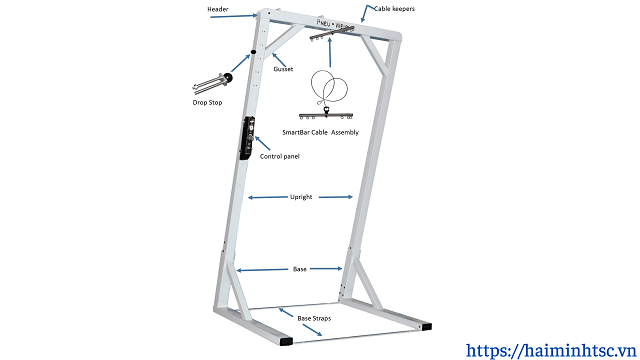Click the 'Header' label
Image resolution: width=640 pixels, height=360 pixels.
[217, 10]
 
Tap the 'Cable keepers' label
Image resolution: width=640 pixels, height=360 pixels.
[394, 8]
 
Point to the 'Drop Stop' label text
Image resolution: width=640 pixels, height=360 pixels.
[207, 102]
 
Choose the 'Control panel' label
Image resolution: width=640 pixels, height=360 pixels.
[279, 156]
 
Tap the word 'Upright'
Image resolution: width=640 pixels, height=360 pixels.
[301, 197]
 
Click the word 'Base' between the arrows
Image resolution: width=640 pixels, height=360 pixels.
[299, 269]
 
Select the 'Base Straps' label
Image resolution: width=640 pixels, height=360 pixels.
[314, 317]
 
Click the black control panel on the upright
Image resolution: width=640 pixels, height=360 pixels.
[247, 139]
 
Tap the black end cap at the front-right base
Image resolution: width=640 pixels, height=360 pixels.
[427, 326]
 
